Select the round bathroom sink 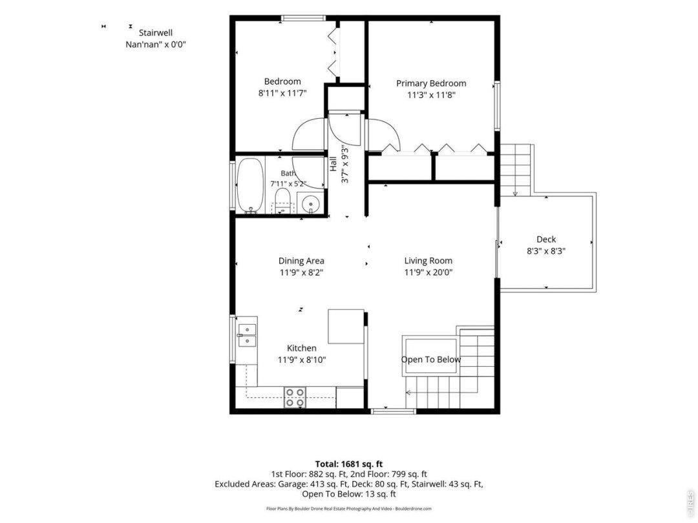pyautogui.click(x=310, y=204)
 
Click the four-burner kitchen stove pyautogui.click(x=295, y=397)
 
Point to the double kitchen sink pyautogui.click(x=247, y=335)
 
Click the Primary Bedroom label pyautogui.click(x=431, y=83)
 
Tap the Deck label pyautogui.click(x=546, y=240)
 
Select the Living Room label pyautogui.click(x=428, y=261)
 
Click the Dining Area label pyautogui.click(x=301, y=261)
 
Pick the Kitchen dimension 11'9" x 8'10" pyautogui.click(x=302, y=360)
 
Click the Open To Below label pyautogui.click(x=431, y=360)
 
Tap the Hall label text pyautogui.click(x=333, y=163)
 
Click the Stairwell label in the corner pyautogui.click(x=156, y=32)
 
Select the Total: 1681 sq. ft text pyautogui.click(x=349, y=464)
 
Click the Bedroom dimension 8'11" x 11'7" pyautogui.click(x=282, y=94)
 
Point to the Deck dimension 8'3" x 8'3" pyautogui.click(x=546, y=251)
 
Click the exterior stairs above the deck pyautogui.click(x=517, y=170)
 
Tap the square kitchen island pyautogui.click(x=346, y=327)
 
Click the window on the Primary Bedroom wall pyautogui.click(x=497, y=107)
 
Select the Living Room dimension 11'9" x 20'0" pyautogui.click(x=428, y=272)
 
